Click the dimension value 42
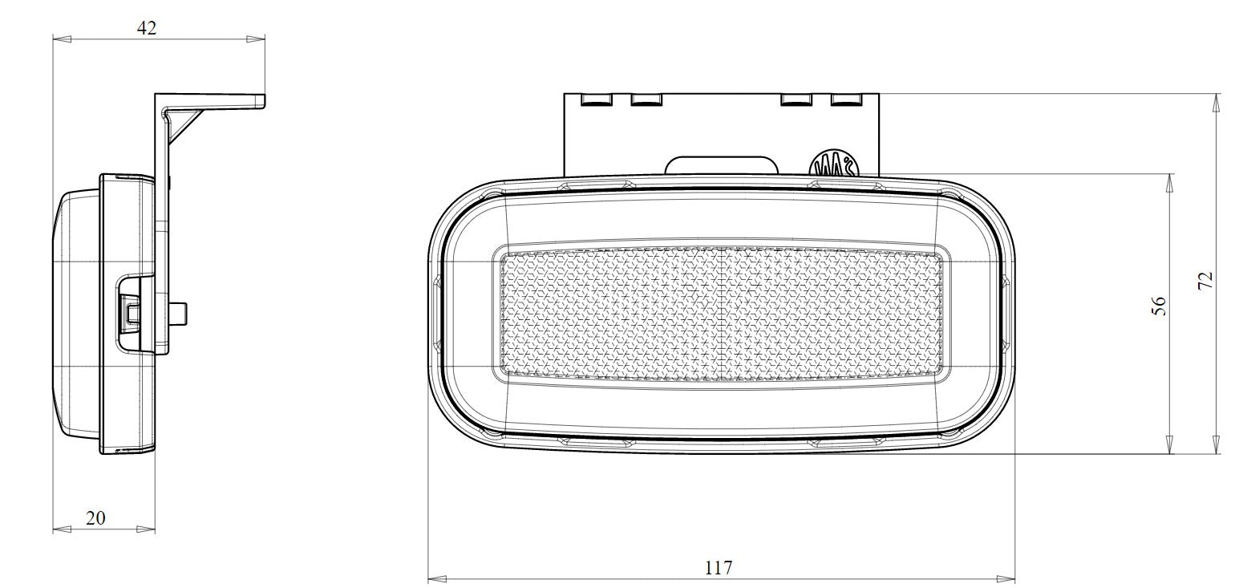147,28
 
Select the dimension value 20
95,518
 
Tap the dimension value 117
719,568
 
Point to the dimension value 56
1159,306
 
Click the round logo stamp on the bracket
836,165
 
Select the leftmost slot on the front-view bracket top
596,100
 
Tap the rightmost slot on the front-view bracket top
845,100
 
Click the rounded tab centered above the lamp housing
722,165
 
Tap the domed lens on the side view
77,313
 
